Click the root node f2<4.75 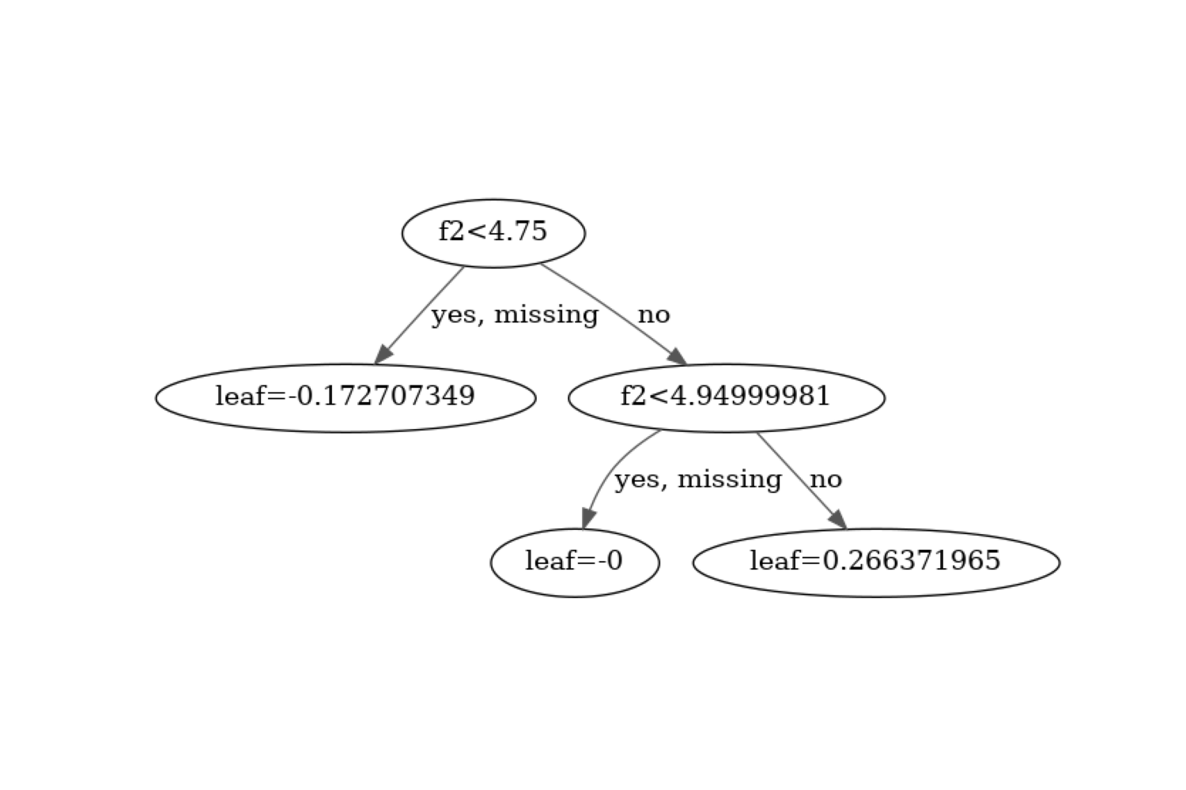click(x=493, y=233)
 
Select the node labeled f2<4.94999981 click(x=726, y=397)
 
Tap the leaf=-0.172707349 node click(x=346, y=397)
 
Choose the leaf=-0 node click(x=575, y=562)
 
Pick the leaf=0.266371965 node click(x=876, y=562)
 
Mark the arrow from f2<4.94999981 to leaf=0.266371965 click(x=799, y=478)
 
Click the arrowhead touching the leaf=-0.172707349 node click(x=383, y=355)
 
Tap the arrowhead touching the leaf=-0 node click(x=587, y=519)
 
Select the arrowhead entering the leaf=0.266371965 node click(x=838, y=520)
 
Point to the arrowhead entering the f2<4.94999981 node click(x=677, y=356)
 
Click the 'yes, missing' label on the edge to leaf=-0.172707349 click(x=515, y=314)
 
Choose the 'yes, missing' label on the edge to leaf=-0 click(x=698, y=479)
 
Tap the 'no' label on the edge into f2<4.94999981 click(x=654, y=314)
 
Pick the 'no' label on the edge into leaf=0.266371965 click(x=825, y=479)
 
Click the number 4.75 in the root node click(x=518, y=231)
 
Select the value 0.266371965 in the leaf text click(x=912, y=560)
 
